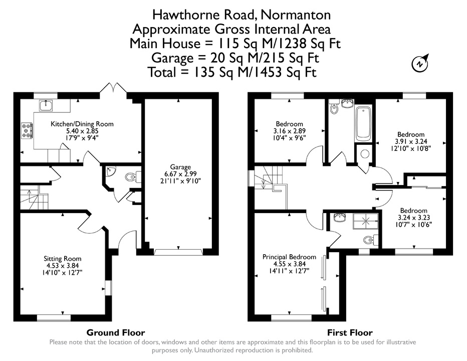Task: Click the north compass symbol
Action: [x=420, y=63]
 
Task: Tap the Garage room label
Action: [x=180, y=167]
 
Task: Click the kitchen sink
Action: [x=46, y=105]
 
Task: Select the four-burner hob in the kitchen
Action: [x=27, y=131]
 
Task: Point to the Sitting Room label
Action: [x=63, y=259]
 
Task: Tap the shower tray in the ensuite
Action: [x=365, y=221]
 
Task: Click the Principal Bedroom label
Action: [x=289, y=257]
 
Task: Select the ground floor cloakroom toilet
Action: [x=133, y=177]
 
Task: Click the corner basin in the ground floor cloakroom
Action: [x=110, y=171]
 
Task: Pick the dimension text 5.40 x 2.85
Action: [x=82, y=131]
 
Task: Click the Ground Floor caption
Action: [x=116, y=332]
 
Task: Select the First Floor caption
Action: [x=350, y=332]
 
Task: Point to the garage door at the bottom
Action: [x=178, y=252]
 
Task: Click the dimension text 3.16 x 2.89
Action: [x=290, y=131]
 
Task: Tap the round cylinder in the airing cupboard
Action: [x=365, y=154]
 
